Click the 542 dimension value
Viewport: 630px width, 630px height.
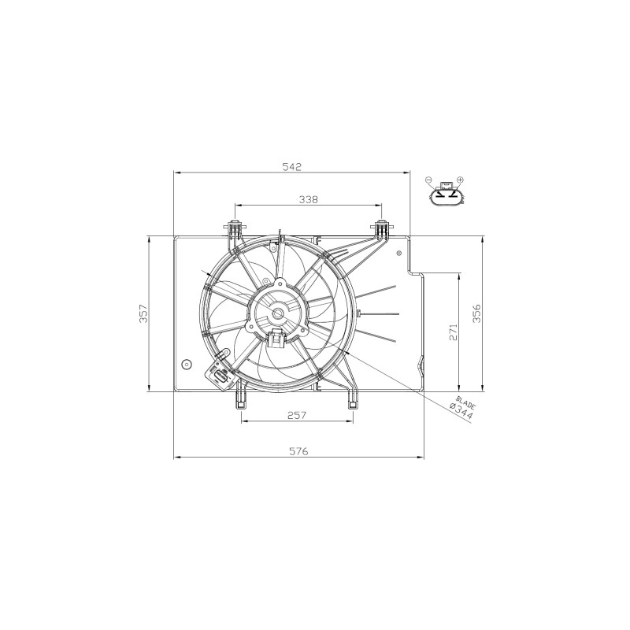coord(291,166)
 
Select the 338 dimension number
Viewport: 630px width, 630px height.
coord(308,199)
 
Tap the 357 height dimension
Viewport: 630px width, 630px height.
coord(143,313)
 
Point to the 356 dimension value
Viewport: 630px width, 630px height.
coord(476,313)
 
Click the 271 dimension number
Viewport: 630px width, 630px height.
coord(454,331)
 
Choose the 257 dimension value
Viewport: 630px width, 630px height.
coord(297,415)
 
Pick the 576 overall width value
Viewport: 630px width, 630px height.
coord(298,451)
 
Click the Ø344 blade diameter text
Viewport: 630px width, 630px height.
coord(461,412)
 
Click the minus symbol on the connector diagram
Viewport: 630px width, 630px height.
coord(428,180)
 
